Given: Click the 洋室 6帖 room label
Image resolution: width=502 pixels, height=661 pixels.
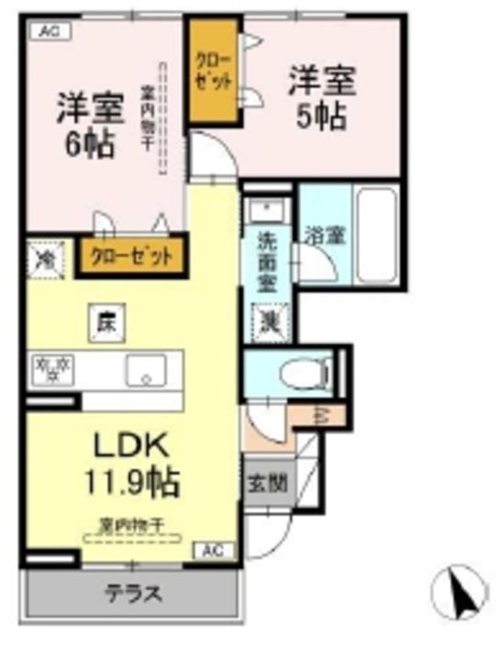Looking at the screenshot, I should tap(90, 124).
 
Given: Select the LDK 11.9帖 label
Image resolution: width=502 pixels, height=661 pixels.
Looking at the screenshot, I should tap(134, 463).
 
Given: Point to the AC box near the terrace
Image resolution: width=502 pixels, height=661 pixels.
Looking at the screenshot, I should tap(213, 551).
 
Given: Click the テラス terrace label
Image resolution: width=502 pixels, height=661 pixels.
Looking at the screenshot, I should tap(133, 594).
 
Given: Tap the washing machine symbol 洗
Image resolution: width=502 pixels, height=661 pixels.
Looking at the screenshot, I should tap(268, 322).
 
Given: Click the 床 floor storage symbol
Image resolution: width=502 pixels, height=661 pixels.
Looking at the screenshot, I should tap(105, 322).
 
